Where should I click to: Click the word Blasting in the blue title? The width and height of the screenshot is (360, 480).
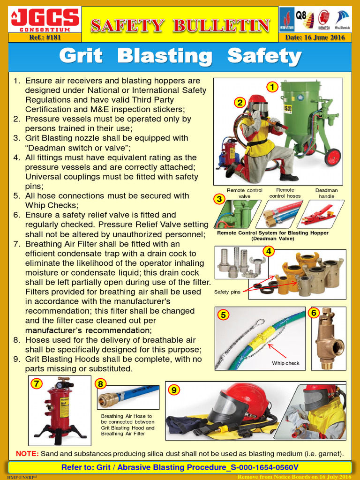pos(165,56)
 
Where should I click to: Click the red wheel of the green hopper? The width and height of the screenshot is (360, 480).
pos(332,157)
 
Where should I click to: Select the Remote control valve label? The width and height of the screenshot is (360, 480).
pos(245,193)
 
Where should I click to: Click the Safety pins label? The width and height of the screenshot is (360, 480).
pos(227,292)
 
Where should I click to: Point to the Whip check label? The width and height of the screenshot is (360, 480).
pos(285,363)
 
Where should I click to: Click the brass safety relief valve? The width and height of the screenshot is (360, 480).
pos(329,340)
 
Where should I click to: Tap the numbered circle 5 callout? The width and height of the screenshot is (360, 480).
pos(224,315)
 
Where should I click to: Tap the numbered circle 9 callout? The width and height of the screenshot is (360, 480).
pos(174,390)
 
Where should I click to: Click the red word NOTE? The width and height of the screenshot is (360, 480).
pos(27,453)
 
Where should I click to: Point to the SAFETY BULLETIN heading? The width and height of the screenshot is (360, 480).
pos(180,25)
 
